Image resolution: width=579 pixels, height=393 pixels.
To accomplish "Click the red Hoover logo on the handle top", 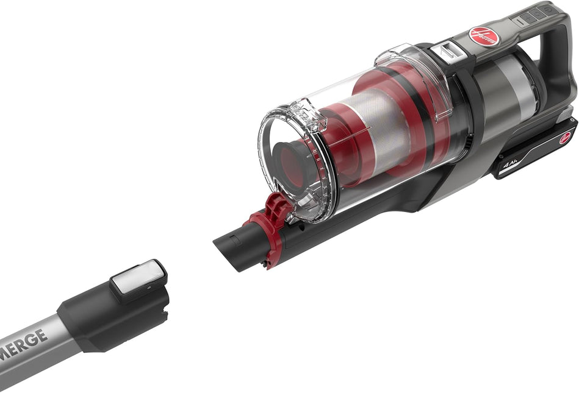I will tap(484, 37).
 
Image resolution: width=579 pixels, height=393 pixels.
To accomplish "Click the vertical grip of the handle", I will tap(560, 67).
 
